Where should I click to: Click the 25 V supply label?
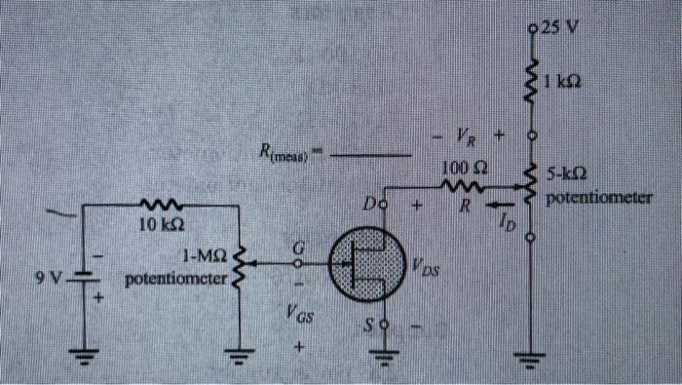[x=562, y=26]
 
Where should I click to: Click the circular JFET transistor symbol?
[x=362, y=263]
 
